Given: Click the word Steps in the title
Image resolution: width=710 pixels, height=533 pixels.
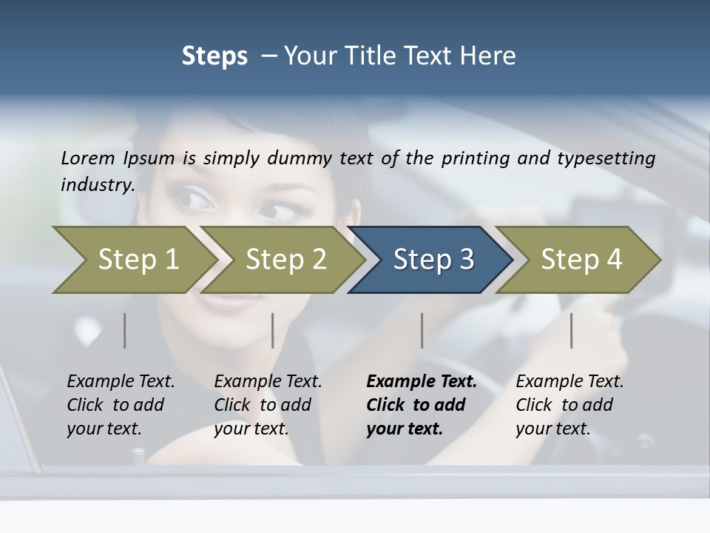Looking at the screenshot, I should (x=214, y=56).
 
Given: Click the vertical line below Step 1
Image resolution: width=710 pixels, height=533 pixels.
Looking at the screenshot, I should (x=125, y=330).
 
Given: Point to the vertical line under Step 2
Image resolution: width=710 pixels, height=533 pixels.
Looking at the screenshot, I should (x=273, y=330).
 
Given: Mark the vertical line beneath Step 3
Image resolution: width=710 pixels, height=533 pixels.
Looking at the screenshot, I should (x=422, y=330).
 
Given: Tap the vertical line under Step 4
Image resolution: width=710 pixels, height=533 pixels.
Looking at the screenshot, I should (x=571, y=330).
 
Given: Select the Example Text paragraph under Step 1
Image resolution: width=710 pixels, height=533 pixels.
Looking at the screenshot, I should (x=121, y=404).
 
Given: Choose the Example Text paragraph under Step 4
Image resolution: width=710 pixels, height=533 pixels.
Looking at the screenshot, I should (x=569, y=404).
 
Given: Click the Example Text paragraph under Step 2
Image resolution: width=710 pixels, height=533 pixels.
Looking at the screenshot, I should (x=268, y=404).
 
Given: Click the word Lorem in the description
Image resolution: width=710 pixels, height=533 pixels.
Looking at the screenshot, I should (x=87, y=158).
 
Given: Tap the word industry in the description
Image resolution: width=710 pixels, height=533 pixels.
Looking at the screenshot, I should (x=97, y=184).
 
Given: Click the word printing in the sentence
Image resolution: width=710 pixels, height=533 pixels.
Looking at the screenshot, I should (x=477, y=158).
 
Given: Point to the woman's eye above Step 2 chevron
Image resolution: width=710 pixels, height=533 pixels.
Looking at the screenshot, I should (x=278, y=211).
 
